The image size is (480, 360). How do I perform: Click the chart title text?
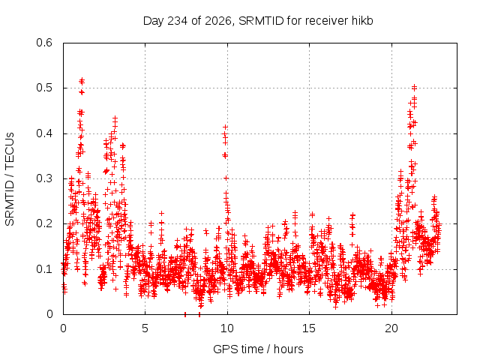coord(258,21)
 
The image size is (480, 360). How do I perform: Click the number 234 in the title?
coord(178,21)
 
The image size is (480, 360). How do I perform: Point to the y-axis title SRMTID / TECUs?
coord(10,179)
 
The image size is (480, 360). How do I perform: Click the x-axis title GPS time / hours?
coord(258,349)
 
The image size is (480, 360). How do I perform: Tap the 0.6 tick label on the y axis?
coord(44,43)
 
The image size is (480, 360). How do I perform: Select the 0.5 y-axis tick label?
coord(44,88)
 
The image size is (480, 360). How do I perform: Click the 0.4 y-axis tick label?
coord(44,133)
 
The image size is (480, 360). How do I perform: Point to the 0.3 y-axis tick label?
coord(44,178)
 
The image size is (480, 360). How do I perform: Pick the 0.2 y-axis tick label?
coord(44,223)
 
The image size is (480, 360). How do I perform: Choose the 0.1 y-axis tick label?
coord(44,269)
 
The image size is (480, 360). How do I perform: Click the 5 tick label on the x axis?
coord(145,328)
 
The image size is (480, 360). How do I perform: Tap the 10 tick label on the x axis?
coord(227,328)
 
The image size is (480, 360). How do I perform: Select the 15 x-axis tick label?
coord(309,328)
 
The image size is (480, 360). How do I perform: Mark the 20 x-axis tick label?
coord(391,328)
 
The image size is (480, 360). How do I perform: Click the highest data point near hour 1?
coord(82,80)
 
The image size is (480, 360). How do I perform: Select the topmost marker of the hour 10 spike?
coord(225,127)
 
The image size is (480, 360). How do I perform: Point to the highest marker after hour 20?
coord(414,87)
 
